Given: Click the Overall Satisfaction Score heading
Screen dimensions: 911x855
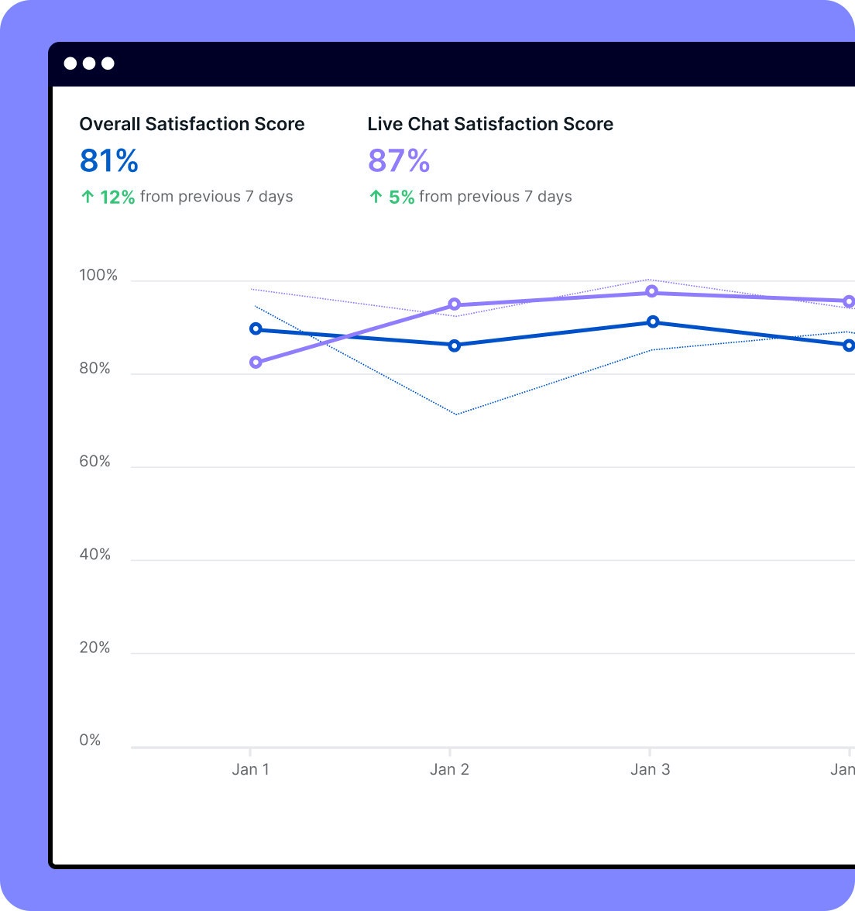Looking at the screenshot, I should click(192, 124).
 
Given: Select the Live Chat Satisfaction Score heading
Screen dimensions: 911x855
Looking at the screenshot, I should click(490, 124).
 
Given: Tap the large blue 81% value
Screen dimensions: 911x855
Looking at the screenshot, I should click(109, 161).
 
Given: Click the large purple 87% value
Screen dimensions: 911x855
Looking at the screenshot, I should click(399, 161).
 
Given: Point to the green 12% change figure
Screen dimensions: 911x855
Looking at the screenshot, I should click(117, 197).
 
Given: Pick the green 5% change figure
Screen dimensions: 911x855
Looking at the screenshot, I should click(401, 197).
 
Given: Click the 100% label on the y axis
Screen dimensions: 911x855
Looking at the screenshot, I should click(98, 276).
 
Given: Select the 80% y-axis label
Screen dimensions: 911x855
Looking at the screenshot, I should click(95, 369).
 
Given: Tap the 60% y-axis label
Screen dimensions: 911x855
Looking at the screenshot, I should click(95, 462).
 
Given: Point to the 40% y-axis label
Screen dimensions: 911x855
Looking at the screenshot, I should click(95, 555).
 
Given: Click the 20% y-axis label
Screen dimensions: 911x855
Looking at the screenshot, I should click(95, 648).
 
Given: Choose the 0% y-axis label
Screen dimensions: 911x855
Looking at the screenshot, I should click(91, 741).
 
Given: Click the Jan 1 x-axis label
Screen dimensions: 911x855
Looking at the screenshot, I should click(250, 769).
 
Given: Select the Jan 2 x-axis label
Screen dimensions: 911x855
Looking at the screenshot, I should click(449, 769).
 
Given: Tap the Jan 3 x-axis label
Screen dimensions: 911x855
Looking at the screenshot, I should click(650, 769).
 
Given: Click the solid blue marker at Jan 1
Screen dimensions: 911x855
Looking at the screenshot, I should click(256, 329).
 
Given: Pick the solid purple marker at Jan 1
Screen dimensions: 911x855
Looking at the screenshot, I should click(256, 363).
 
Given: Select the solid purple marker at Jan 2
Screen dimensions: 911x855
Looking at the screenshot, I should click(455, 304).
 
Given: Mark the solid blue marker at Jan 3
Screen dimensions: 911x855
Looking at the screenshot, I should click(653, 321).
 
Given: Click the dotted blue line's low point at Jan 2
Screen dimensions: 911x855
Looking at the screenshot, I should click(456, 414).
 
